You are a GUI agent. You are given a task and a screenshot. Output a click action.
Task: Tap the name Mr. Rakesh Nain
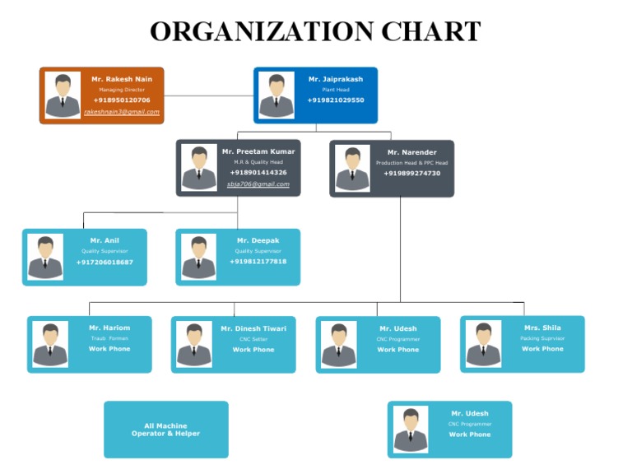122,79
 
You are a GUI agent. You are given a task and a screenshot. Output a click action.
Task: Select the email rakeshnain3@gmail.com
122,111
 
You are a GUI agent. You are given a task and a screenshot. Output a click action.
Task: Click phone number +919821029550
336,100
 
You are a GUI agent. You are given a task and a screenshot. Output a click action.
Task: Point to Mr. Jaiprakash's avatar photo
276,95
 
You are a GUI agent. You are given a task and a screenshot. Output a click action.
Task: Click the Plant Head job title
336,89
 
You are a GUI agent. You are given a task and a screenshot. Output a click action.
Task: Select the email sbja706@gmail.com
258,184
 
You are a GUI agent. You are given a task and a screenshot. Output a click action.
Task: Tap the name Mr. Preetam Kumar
258,151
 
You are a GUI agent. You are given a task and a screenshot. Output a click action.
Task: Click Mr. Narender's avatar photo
352,168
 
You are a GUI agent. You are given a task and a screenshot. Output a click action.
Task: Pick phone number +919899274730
412,173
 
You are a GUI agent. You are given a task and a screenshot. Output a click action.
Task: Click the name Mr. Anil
105,240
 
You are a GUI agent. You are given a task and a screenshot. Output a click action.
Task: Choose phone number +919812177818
258,261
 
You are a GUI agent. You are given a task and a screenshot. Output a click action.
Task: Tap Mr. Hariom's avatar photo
50,344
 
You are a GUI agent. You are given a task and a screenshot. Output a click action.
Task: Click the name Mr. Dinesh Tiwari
253,328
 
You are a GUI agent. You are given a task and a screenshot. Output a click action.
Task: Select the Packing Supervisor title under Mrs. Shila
542,338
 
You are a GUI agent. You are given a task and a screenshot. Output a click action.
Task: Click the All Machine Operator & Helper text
165,430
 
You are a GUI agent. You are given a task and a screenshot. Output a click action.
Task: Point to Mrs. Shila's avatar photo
483,343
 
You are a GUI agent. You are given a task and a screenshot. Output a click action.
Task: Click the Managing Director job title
122,89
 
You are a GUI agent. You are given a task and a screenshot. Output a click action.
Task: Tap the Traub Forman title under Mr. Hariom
109,338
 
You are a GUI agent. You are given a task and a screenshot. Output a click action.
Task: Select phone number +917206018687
105,262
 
